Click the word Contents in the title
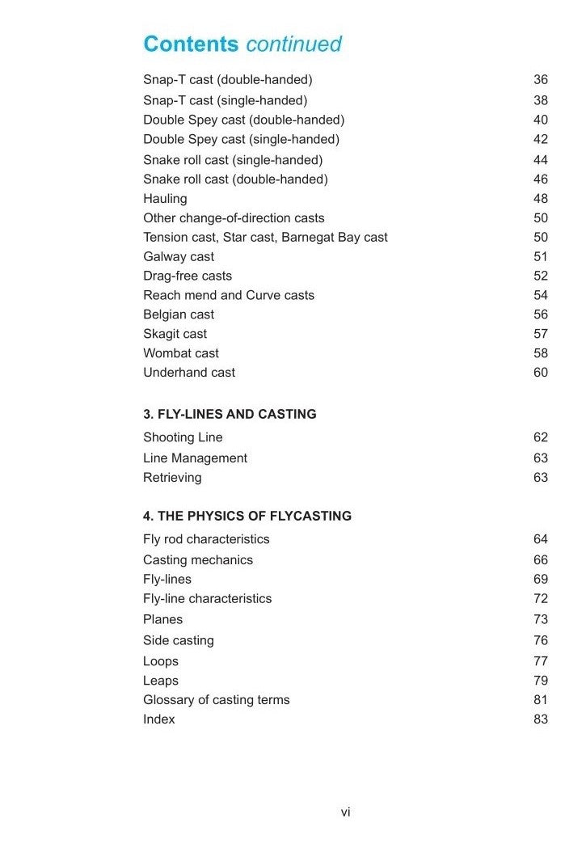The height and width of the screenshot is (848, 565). [x=191, y=44]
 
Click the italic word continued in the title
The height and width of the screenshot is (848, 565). [x=293, y=44]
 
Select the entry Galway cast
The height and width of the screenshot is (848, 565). [x=179, y=256]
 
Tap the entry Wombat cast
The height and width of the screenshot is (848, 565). [x=181, y=353]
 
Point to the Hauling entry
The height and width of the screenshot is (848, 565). [x=165, y=198]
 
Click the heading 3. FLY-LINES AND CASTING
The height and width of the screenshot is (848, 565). [x=230, y=414]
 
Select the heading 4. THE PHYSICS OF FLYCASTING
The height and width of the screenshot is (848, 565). [x=247, y=516]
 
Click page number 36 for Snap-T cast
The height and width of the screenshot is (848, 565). [x=541, y=79]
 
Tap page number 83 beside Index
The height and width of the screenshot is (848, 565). [x=541, y=719]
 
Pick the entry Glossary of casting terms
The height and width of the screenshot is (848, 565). [x=216, y=699]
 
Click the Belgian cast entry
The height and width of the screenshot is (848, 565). [x=179, y=314]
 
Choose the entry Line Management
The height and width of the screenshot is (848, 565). [x=195, y=458]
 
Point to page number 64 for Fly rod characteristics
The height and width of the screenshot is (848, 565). [x=541, y=539]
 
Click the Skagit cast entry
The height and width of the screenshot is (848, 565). [x=175, y=334]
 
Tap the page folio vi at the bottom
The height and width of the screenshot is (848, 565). [x=345, y=812]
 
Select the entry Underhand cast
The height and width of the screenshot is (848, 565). [x=189, y=373]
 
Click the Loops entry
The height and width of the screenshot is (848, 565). [x=161, y=660]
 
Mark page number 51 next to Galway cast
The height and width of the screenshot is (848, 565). [x=541, y=256]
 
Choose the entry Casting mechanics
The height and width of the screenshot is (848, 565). [x=198, y=559]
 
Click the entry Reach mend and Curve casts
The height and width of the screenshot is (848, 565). [x=229, y=295]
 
